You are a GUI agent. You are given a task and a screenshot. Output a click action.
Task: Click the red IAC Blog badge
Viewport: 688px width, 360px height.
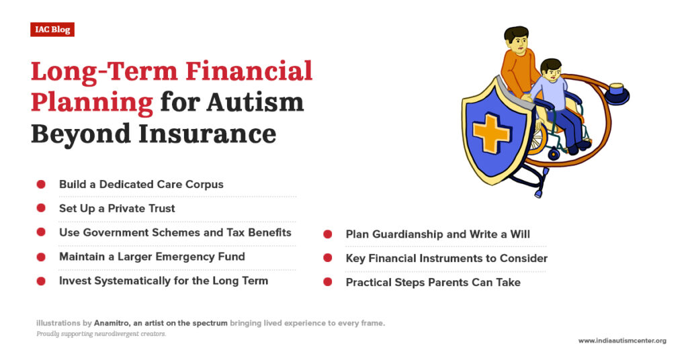coord(52,30)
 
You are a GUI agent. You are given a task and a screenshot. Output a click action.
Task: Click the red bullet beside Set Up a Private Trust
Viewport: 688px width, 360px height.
coord(41,208)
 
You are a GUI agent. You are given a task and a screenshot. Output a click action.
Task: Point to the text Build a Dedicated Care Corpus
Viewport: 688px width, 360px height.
coord(141,184)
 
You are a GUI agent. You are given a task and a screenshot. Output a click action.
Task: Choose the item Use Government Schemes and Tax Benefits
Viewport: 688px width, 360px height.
coord(175,232)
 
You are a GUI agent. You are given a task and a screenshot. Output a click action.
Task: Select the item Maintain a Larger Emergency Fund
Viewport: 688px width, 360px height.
coord(152,257)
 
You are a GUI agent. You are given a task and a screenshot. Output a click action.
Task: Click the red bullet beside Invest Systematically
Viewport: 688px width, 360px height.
coord(41,281)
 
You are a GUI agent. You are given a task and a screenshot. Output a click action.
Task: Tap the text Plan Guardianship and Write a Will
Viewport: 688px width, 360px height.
coord(437,234)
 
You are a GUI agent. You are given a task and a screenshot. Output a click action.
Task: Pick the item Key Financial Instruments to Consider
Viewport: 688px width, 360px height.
coord(446,259)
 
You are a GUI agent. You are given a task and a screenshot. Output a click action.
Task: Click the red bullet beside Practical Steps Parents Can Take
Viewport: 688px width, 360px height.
coord(328,283)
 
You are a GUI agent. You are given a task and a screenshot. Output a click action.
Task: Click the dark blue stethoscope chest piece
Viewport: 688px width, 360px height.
coord(615,94)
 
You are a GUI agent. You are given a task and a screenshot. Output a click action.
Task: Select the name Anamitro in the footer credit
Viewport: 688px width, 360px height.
coord(112,323)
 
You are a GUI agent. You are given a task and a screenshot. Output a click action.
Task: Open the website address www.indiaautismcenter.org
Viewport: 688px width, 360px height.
coord(622,341)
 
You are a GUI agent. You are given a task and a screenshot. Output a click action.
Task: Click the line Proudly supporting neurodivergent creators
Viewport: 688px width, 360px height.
coord(101,334)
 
